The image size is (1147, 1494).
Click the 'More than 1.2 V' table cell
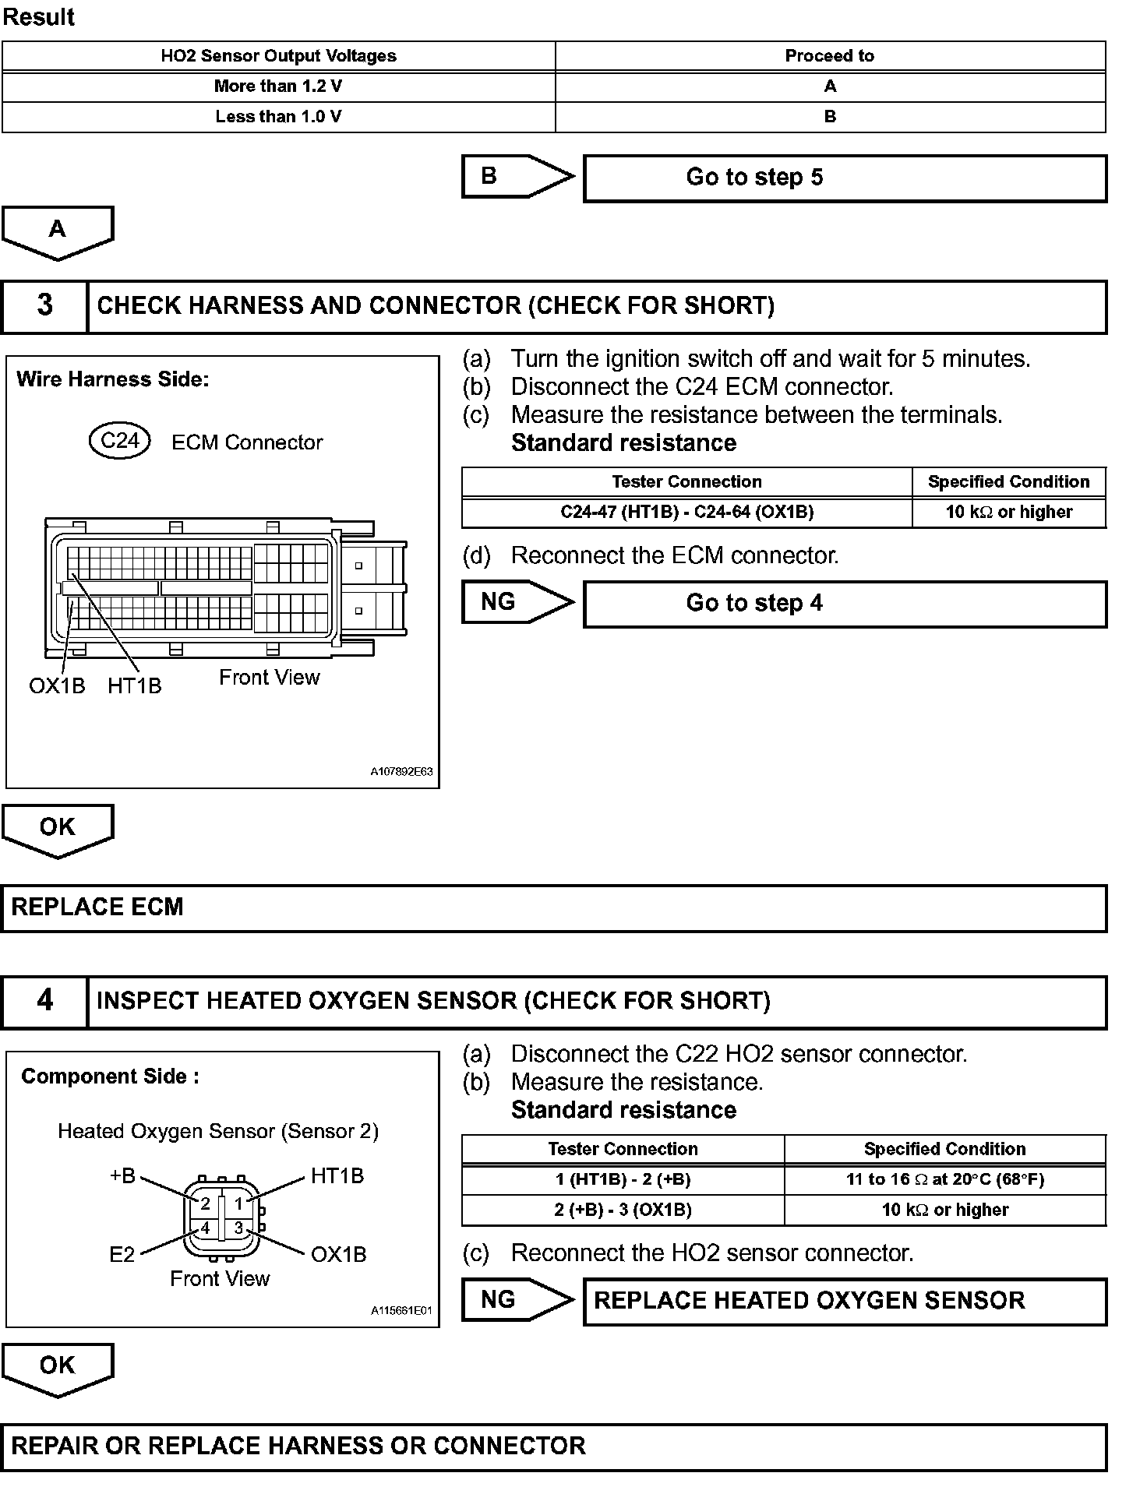pos(278,86)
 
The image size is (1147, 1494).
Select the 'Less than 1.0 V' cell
pos(278,117)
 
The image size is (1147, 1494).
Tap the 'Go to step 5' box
pos(845,178)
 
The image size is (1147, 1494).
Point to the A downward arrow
pos(58,231)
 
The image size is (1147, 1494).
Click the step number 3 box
pos(44,305)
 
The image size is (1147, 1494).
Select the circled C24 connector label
pos(120,441)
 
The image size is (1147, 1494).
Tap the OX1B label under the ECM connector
pos(57,686)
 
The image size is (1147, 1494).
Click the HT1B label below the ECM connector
pos(135,686)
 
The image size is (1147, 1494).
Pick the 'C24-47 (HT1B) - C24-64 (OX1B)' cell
pos(686,513)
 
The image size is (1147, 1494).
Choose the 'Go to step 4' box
pos(845,604)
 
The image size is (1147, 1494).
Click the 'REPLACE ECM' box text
pos(97,907)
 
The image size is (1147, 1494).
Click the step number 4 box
pos(44,1001)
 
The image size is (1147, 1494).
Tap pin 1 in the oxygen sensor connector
pos(239,1203)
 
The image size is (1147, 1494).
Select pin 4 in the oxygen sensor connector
pos(205,1228)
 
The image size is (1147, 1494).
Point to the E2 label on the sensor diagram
pos(122,1254)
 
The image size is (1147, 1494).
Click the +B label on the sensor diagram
pos(123,1176)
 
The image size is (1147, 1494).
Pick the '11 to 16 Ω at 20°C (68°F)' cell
pos(944,1179)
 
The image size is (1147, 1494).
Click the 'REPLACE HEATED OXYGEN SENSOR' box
pos(845,1301)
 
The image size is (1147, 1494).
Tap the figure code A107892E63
pos(401,773)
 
